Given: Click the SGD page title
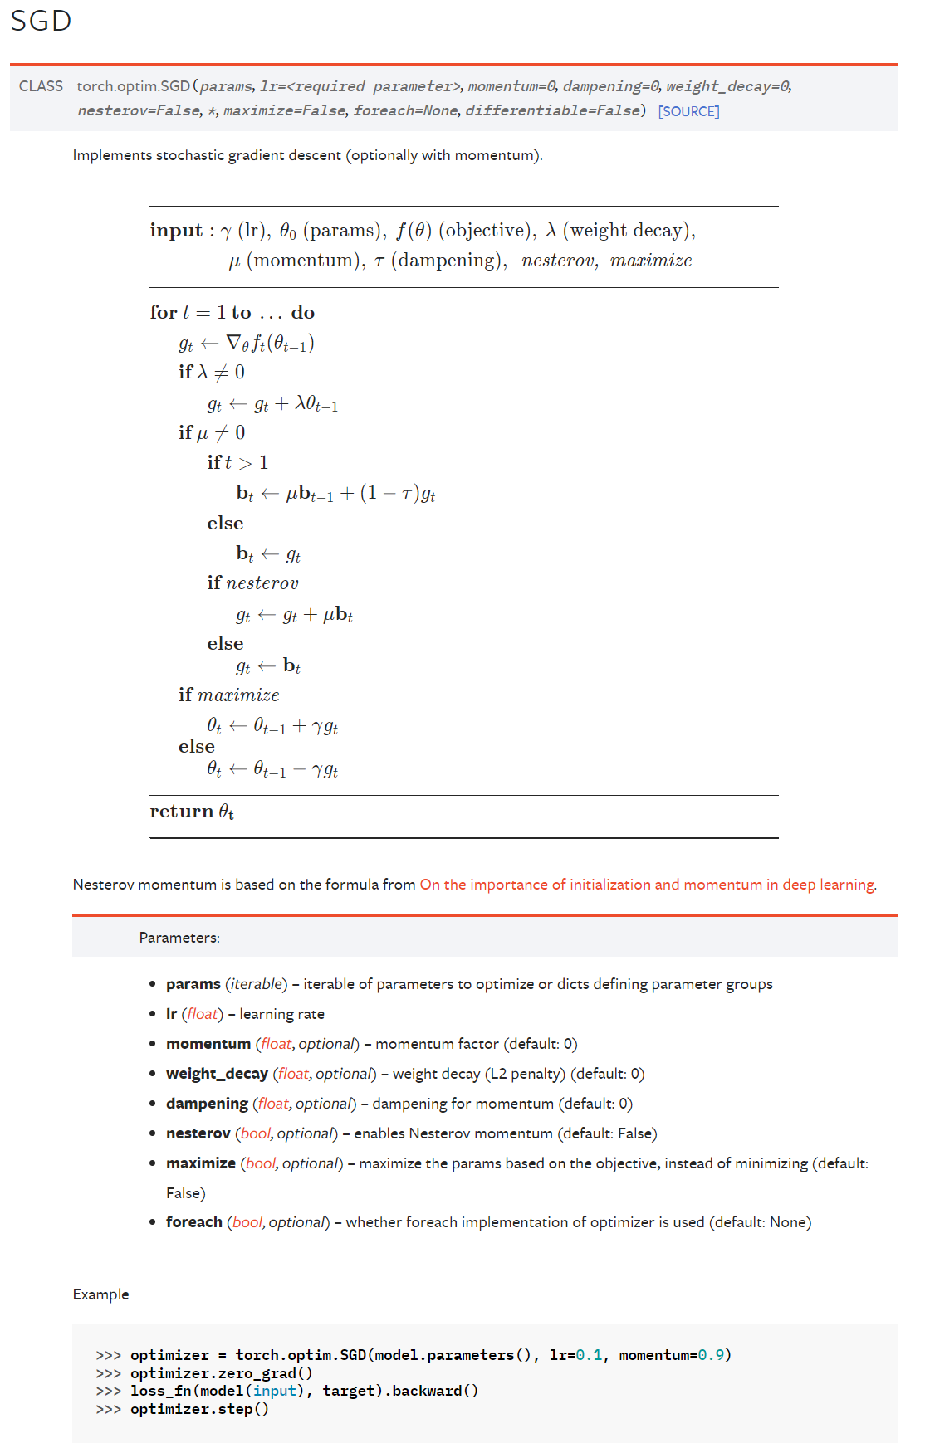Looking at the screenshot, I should pyautogui.click(x=41, y=21).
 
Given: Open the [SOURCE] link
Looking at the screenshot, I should pyautogui.click(x=688, y=111).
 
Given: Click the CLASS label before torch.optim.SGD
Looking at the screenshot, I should pyautogui.click(x=41, y=86).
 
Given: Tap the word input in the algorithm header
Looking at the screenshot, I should pyautogui.click(x=176, y=231).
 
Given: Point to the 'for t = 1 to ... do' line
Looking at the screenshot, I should pyautogui.click(x=232, y=313).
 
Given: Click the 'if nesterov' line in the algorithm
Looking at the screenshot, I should pyautogui.click(x=252, y=583).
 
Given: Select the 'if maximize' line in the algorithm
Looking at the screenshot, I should pyautogui.click(x=228, y=695).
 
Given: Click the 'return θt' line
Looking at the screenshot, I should pyautogui.click(x=192, y=812).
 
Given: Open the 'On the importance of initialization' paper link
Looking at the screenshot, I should pyautogui.click(x=647, y=885).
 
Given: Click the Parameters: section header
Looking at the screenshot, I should pyautogui.click(x=179, y=938).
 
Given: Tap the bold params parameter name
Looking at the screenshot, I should pyautogui.click(x=193, y=984).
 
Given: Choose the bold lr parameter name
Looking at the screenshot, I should pyautogui.click(x=172, y=1014).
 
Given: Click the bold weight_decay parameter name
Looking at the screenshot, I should pyautogui.click(x=217, y=1074).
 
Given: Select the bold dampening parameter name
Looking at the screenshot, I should pyautogui.click(x=207, y=1104).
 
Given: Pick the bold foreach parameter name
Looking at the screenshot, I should pyautogui.click(x=193, y=1222).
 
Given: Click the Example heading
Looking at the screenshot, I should pyautogui.click(x=100, y=1294).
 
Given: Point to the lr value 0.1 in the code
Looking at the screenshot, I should pyautogui.click(x=589, y=1355).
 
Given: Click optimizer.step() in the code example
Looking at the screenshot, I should pyautogui.click(x=199, y=1409).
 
